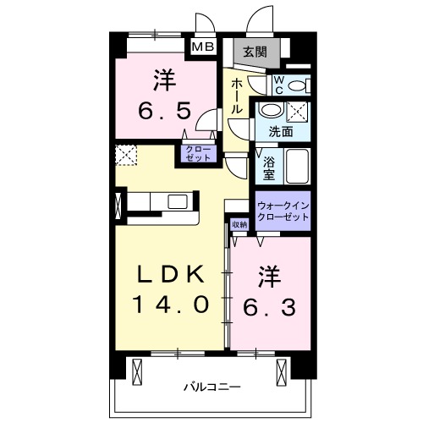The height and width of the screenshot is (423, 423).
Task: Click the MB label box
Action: coord(203,47)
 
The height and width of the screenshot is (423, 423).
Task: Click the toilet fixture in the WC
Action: coord(299,85)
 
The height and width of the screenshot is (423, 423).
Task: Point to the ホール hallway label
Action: coord(237,97)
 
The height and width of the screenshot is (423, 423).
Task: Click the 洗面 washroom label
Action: coord(281,132)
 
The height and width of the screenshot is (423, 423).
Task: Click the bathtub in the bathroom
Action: coord(297,166)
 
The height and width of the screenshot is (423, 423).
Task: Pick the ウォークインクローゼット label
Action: coord(283,211)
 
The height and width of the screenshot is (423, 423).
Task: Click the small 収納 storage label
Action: coord(239,225)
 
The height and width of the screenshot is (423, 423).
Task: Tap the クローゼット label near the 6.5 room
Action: coord(200,153)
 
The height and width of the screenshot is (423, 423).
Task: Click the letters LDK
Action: coord(170,274)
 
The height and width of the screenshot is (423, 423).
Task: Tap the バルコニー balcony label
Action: coord(211,387)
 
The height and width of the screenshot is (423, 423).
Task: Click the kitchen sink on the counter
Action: coord(178,201)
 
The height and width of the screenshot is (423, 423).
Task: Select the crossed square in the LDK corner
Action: coord(126,155)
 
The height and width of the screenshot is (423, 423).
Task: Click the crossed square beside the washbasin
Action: coord(297,112)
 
